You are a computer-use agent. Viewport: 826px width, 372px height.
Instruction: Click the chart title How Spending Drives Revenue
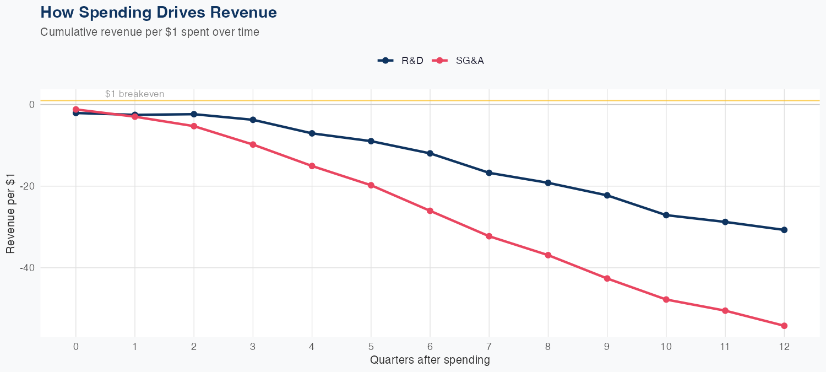[159, 12]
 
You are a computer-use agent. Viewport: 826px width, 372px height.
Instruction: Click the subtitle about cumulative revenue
[150, 32]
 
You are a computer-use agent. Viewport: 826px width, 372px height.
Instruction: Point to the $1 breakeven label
[134, 94]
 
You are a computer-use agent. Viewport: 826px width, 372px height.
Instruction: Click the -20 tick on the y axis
[27, 186]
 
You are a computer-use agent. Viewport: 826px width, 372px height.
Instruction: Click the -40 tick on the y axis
[27, 268]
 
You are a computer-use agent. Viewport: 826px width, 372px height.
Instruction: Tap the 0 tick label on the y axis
[32, 105]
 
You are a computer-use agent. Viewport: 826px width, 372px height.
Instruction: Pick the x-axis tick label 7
[489, 347]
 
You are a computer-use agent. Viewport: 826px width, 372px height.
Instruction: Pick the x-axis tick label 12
[784, 347]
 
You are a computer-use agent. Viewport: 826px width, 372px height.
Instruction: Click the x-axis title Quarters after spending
[430, 360]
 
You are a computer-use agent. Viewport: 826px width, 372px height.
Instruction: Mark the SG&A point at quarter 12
[784, 326]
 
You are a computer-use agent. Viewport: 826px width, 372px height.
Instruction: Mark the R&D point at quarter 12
[784, 230]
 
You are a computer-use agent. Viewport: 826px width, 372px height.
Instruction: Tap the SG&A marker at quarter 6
[430, 211]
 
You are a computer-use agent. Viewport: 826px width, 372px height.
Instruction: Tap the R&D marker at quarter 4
[312, 133]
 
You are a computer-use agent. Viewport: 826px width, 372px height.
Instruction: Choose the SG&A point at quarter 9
[607, 278]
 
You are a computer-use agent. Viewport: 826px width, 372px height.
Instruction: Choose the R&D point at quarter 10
[666, 215]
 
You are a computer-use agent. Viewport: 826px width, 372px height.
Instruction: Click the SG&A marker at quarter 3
[253, 144]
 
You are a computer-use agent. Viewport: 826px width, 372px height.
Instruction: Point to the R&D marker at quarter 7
[489, 173]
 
